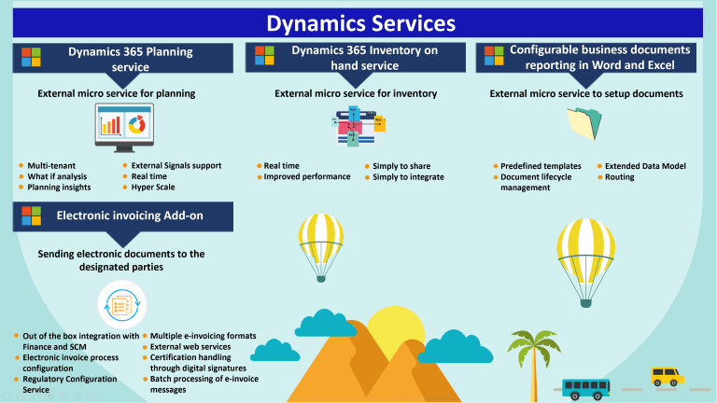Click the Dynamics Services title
(359, 22)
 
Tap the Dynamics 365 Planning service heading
(130, 59)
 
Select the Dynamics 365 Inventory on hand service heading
(363, 59)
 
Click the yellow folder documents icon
(586, 124)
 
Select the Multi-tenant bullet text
(51, 165)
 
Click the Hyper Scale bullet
(153, 187)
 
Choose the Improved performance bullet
(307, 176)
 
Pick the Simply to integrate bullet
(408, 176)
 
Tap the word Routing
(619, 176)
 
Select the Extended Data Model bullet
(645, 165)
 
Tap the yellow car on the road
(667, 376)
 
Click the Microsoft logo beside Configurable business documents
(494, 58)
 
